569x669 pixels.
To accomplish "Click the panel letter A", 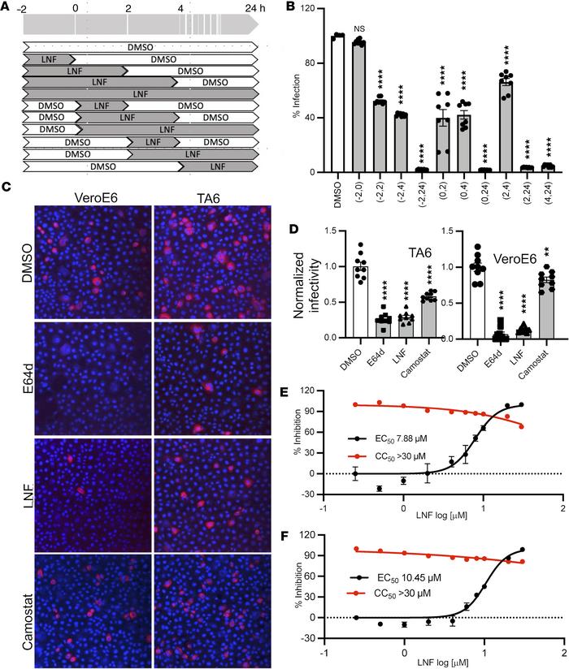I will pyautogui.click(x=7, y=7).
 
